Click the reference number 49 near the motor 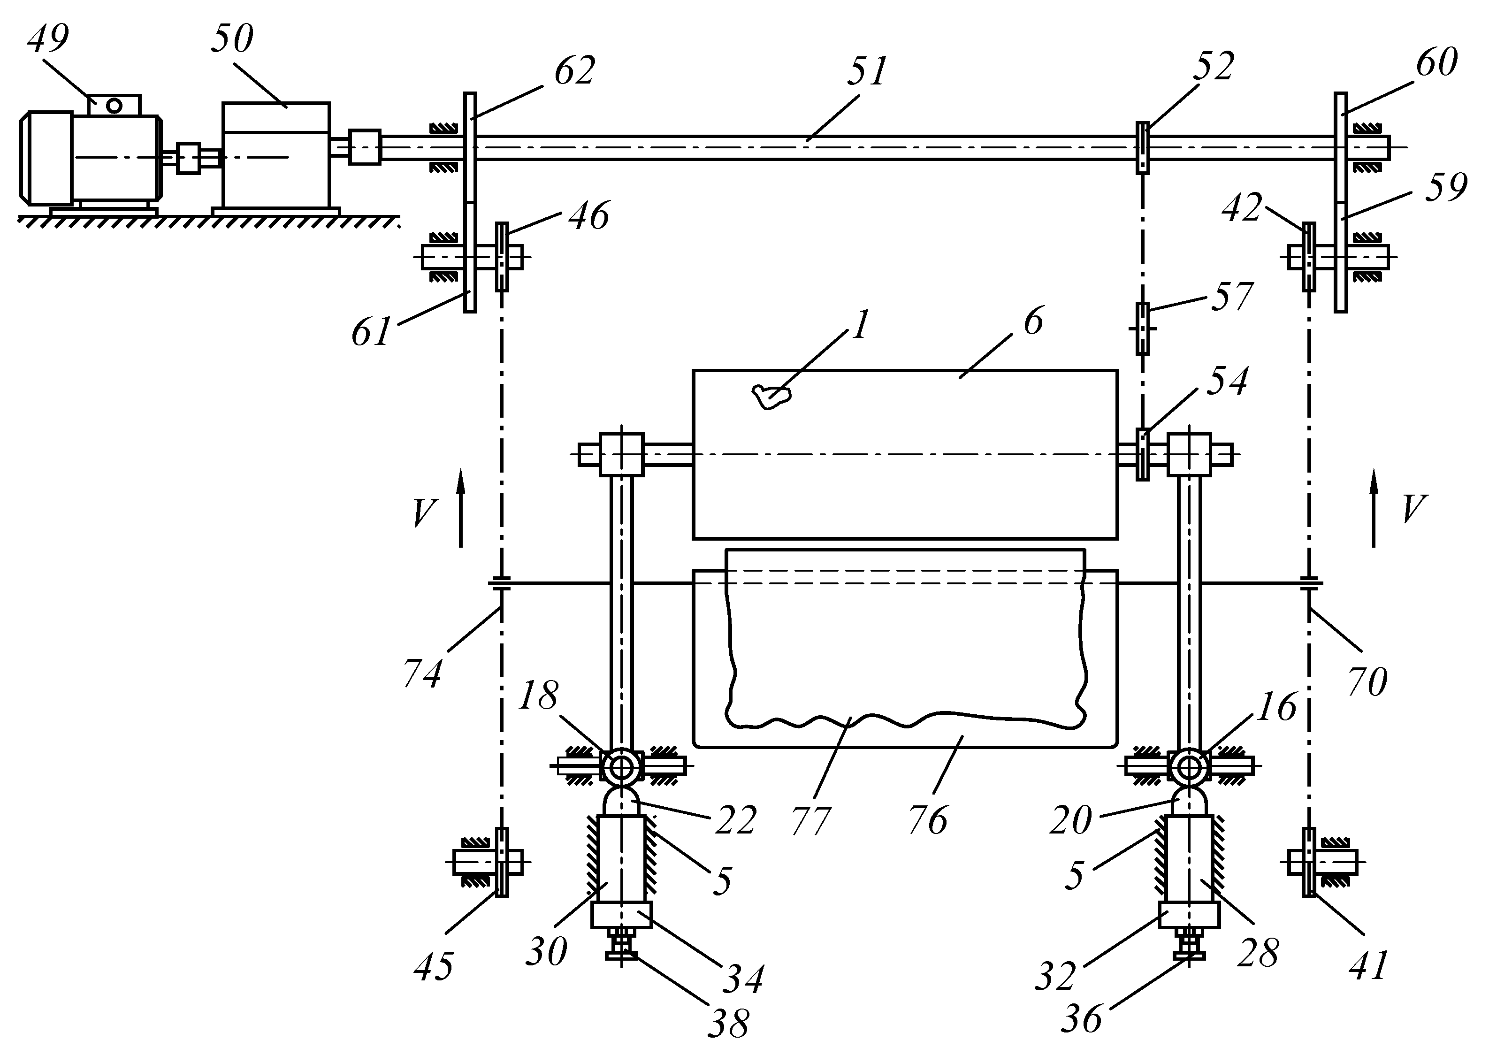click(48, 39)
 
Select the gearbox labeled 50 click(275, 156)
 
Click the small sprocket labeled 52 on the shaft click(1142, 148)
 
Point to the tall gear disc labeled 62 click(470, 147)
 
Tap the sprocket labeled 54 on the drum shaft click(1142, 454)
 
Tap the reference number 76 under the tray click(928, 821)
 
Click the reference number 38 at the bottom click(728, 1023)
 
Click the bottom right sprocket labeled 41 click(1309, 863)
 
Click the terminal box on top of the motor click(115, 105)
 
